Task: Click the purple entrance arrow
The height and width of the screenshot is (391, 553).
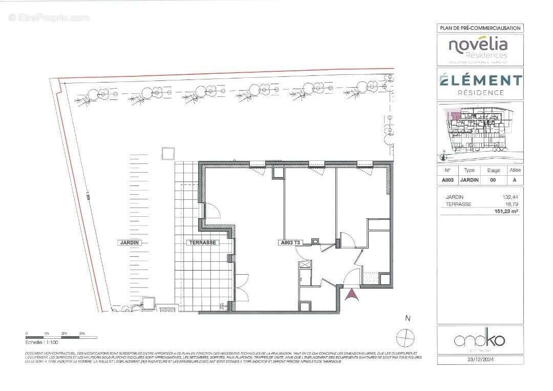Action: tap(352, 295)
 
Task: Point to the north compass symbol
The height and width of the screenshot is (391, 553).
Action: tap(405, 337)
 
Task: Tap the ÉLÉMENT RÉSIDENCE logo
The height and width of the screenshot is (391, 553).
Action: tap(480, 84)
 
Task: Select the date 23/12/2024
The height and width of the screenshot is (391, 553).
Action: tap(480, 360)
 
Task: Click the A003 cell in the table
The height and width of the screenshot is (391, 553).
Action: tap(448, 180)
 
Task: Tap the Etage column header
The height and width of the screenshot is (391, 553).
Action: tap(493, 170)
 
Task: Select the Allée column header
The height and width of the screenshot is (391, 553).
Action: tap(515, 170)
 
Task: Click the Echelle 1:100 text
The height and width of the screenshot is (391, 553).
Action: tap(41, 341)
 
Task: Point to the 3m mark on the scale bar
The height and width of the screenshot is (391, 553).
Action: tap(82, 334)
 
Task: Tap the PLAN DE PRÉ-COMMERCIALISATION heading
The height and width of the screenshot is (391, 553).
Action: tap(480, 28)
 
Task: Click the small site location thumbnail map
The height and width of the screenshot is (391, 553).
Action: tap(480, 132)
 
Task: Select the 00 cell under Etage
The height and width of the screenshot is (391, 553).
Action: tap(493, 180)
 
